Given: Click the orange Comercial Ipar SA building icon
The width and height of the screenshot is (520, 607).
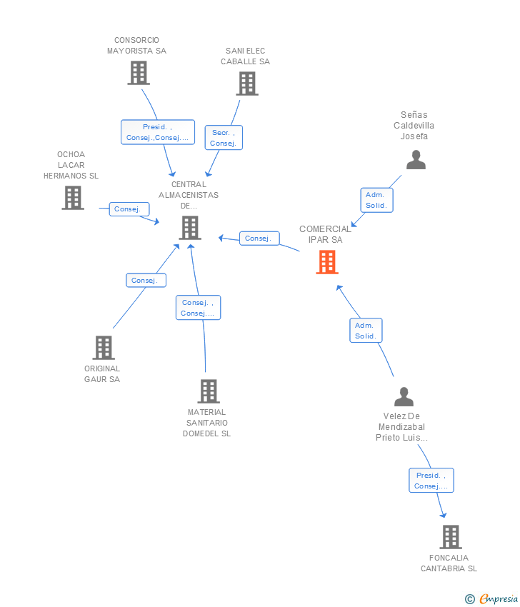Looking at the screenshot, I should point(326,262).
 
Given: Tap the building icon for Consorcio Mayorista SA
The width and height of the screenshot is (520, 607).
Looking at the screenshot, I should point(138,72).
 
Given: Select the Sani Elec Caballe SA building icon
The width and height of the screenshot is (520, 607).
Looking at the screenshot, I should point(246,83).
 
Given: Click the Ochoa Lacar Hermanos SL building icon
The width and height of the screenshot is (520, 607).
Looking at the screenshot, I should point(72,198).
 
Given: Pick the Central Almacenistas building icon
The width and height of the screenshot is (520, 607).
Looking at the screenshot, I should point(189,228).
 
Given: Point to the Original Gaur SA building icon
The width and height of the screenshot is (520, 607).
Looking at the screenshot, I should point(104,348).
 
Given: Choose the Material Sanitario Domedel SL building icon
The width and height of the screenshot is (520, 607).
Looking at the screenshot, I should point(208,391).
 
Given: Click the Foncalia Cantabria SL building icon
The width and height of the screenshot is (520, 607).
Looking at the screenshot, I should point(450,536).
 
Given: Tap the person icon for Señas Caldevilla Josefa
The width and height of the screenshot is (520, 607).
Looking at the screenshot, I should point(416,160).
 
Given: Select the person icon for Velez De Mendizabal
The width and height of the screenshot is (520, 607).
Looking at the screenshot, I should point(404,396).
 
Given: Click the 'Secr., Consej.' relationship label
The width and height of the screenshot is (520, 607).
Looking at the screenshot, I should point(224,138).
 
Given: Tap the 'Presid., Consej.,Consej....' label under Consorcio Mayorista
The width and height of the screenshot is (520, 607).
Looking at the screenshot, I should point(157,132).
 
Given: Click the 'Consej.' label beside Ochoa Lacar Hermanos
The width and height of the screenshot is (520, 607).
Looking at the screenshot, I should point(129,209).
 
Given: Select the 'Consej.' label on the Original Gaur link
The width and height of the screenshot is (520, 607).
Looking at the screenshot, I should point(146,281).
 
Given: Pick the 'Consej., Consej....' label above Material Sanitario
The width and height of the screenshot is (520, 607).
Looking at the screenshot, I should point(198,308).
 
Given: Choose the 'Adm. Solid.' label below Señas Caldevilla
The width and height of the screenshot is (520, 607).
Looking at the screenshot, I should point(376,200).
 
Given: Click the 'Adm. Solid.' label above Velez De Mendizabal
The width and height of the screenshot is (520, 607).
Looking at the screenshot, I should point(366,331).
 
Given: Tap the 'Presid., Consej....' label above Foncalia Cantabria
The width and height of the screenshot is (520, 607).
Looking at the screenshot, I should point(431,481).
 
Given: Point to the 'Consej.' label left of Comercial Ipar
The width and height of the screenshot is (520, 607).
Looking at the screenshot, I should point(259,239).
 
